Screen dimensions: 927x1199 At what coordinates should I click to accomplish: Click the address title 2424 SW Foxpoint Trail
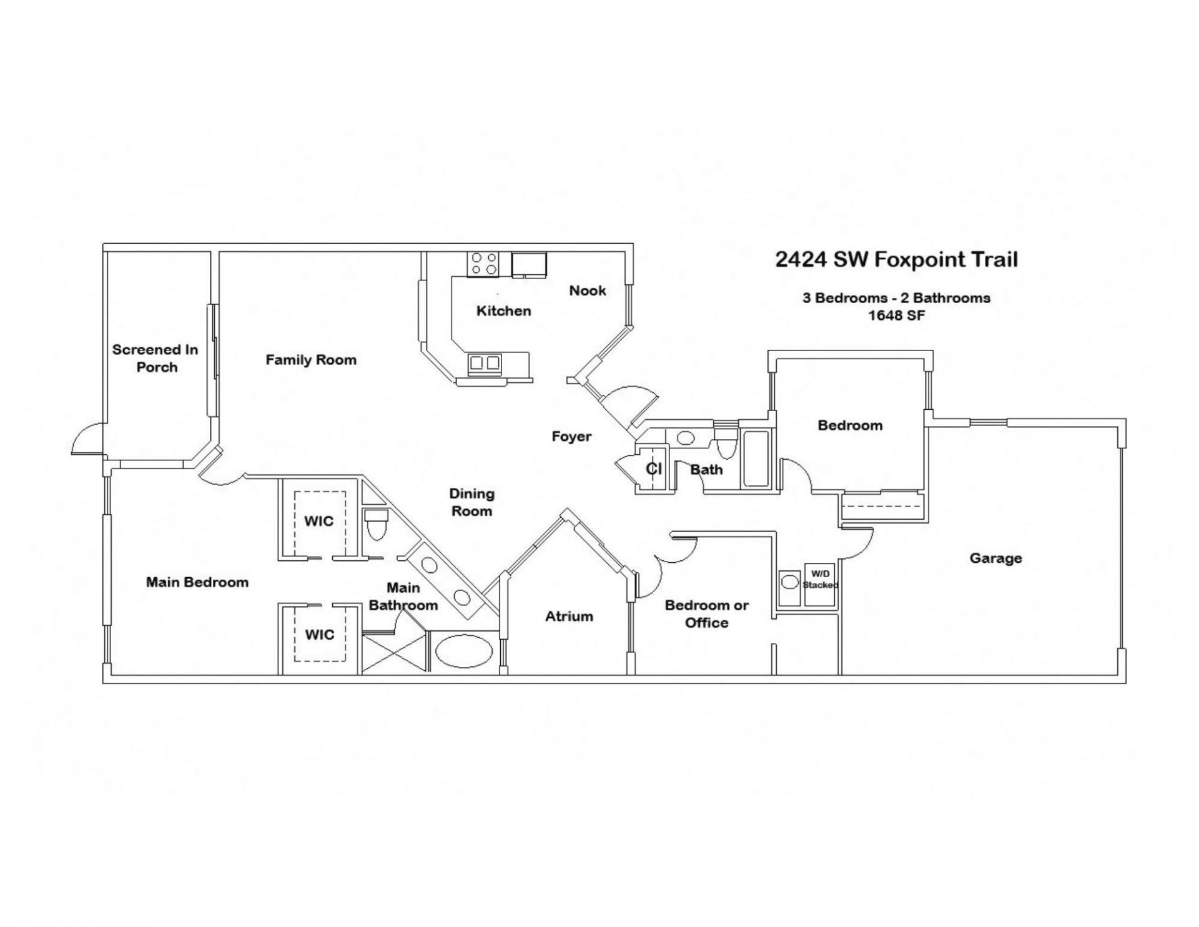point(896,259)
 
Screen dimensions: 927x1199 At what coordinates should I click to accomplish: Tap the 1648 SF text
point(896,315)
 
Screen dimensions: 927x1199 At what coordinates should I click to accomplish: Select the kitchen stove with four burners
point(484,264)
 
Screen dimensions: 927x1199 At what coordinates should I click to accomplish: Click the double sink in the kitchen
point(485,363)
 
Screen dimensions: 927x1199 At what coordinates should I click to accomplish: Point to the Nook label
point(587,290)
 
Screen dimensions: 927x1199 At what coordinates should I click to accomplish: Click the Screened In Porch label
point(155,358)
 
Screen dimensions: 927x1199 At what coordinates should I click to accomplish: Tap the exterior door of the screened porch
point(87,439)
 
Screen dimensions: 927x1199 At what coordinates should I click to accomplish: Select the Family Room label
point(311,360)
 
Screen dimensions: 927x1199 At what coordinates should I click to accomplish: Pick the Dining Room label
point(471,502)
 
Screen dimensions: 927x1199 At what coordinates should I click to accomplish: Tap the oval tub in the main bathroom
point(463,652)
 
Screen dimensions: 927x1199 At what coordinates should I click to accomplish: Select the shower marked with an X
point(393,652)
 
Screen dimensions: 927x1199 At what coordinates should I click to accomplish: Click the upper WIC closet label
point(318,521)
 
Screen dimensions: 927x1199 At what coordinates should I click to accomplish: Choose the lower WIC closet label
point(319,635)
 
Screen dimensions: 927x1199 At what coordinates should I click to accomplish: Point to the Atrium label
point(569,617)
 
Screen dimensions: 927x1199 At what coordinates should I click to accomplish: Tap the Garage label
point(995,558)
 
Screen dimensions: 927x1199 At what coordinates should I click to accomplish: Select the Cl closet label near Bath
point(653,468)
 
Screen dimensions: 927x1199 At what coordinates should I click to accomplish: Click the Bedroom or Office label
point(706,613)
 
